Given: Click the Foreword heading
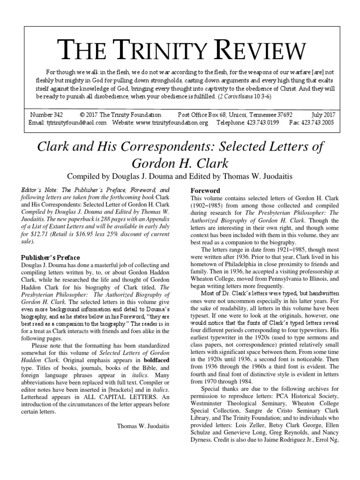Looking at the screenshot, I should point(204,191).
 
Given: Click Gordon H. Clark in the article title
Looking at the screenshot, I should point(180,163).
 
